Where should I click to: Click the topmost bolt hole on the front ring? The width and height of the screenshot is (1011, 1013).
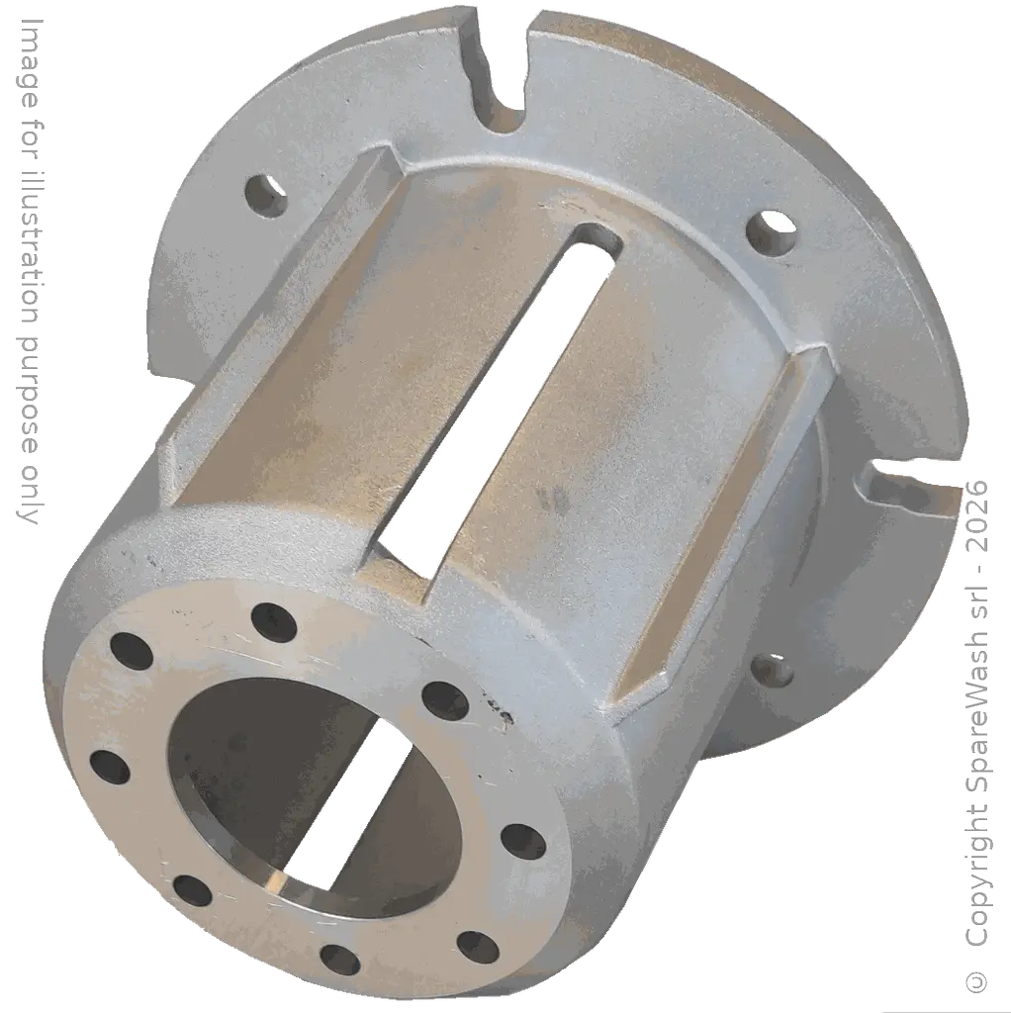point(274,621)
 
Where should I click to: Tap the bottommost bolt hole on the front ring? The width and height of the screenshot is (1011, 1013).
point(340,960)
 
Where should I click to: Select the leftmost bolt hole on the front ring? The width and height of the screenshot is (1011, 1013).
point(110,767)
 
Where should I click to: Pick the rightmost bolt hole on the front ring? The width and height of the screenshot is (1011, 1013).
point(523,841)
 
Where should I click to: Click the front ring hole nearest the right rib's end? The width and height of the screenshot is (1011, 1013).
point(444,700)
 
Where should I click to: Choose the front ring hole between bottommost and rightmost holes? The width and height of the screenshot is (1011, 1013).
point(477,946)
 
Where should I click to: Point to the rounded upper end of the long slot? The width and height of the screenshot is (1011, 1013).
point(597,240)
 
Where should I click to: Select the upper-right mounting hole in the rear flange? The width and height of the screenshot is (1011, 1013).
point(772,232)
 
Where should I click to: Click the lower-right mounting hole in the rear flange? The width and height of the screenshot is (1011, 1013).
point(775,671)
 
